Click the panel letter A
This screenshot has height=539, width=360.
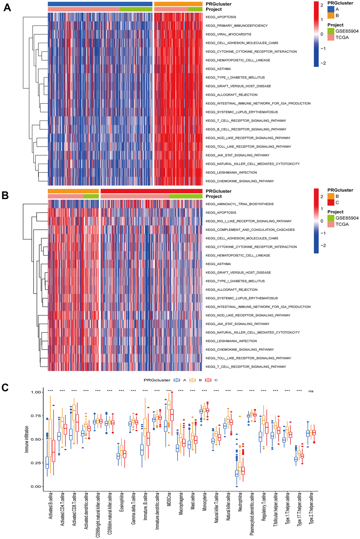pyautogui.click(x=7, y=7)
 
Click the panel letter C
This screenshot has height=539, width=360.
pyautogui.click(x=5, y=388)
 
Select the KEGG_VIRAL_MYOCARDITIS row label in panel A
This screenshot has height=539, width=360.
pyautogui.click(x=228, y=34)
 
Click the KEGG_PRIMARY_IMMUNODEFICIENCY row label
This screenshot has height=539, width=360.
pyautogui.click(x=236, y=26)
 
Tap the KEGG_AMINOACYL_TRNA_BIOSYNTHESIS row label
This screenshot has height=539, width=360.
pyautogui.click(x=239, y=204)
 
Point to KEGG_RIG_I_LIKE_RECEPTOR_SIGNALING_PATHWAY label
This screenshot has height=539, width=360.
pyautogui.click(x=248, y=221)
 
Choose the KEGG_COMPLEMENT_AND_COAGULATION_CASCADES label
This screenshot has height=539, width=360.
pyautogui.click(x=250, y=230)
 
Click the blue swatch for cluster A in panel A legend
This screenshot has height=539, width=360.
pyautogui.click(x=331, y=9)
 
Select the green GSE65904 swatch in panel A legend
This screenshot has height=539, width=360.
pyautogui.click(x=331, y=31)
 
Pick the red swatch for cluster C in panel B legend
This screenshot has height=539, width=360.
pyautogui.click(x=331, y=202)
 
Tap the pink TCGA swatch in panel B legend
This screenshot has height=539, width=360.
pyautogui.click(x=331, y=224)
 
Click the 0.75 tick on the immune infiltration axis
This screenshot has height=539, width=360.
pyautogui.click(x=36, y=416)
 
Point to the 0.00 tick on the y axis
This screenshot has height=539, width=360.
pyautogui.click(x=36, y=487)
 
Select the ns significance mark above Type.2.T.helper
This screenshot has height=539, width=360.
pyautogui.click(x=311, y=391)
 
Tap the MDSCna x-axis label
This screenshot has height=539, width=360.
pyautogui.click(x=169, y=499)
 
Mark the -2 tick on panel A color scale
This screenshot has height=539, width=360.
pyautogui.click(x=323, y=63)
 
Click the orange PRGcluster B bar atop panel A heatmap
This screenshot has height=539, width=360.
pyautogui.click(x=178, y=4)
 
